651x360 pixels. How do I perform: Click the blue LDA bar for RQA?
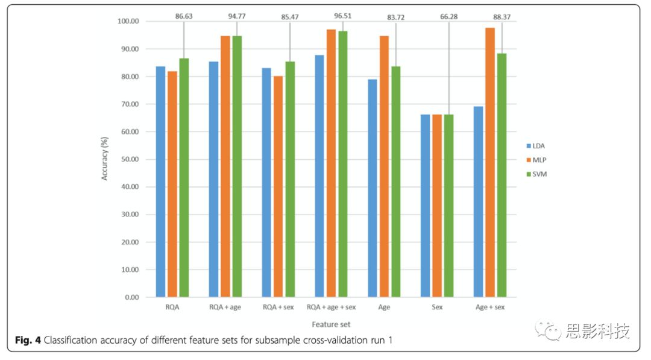pos(160,182)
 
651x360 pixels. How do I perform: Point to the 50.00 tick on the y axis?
pos(128,159)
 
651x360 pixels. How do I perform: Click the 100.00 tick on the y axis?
pos(127,21)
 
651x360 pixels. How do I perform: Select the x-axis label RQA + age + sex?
pos(332,308)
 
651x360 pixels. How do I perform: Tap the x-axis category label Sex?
pos(437,308)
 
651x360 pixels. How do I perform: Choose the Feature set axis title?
pos(331,324)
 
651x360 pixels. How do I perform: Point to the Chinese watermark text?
pos(597,331)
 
